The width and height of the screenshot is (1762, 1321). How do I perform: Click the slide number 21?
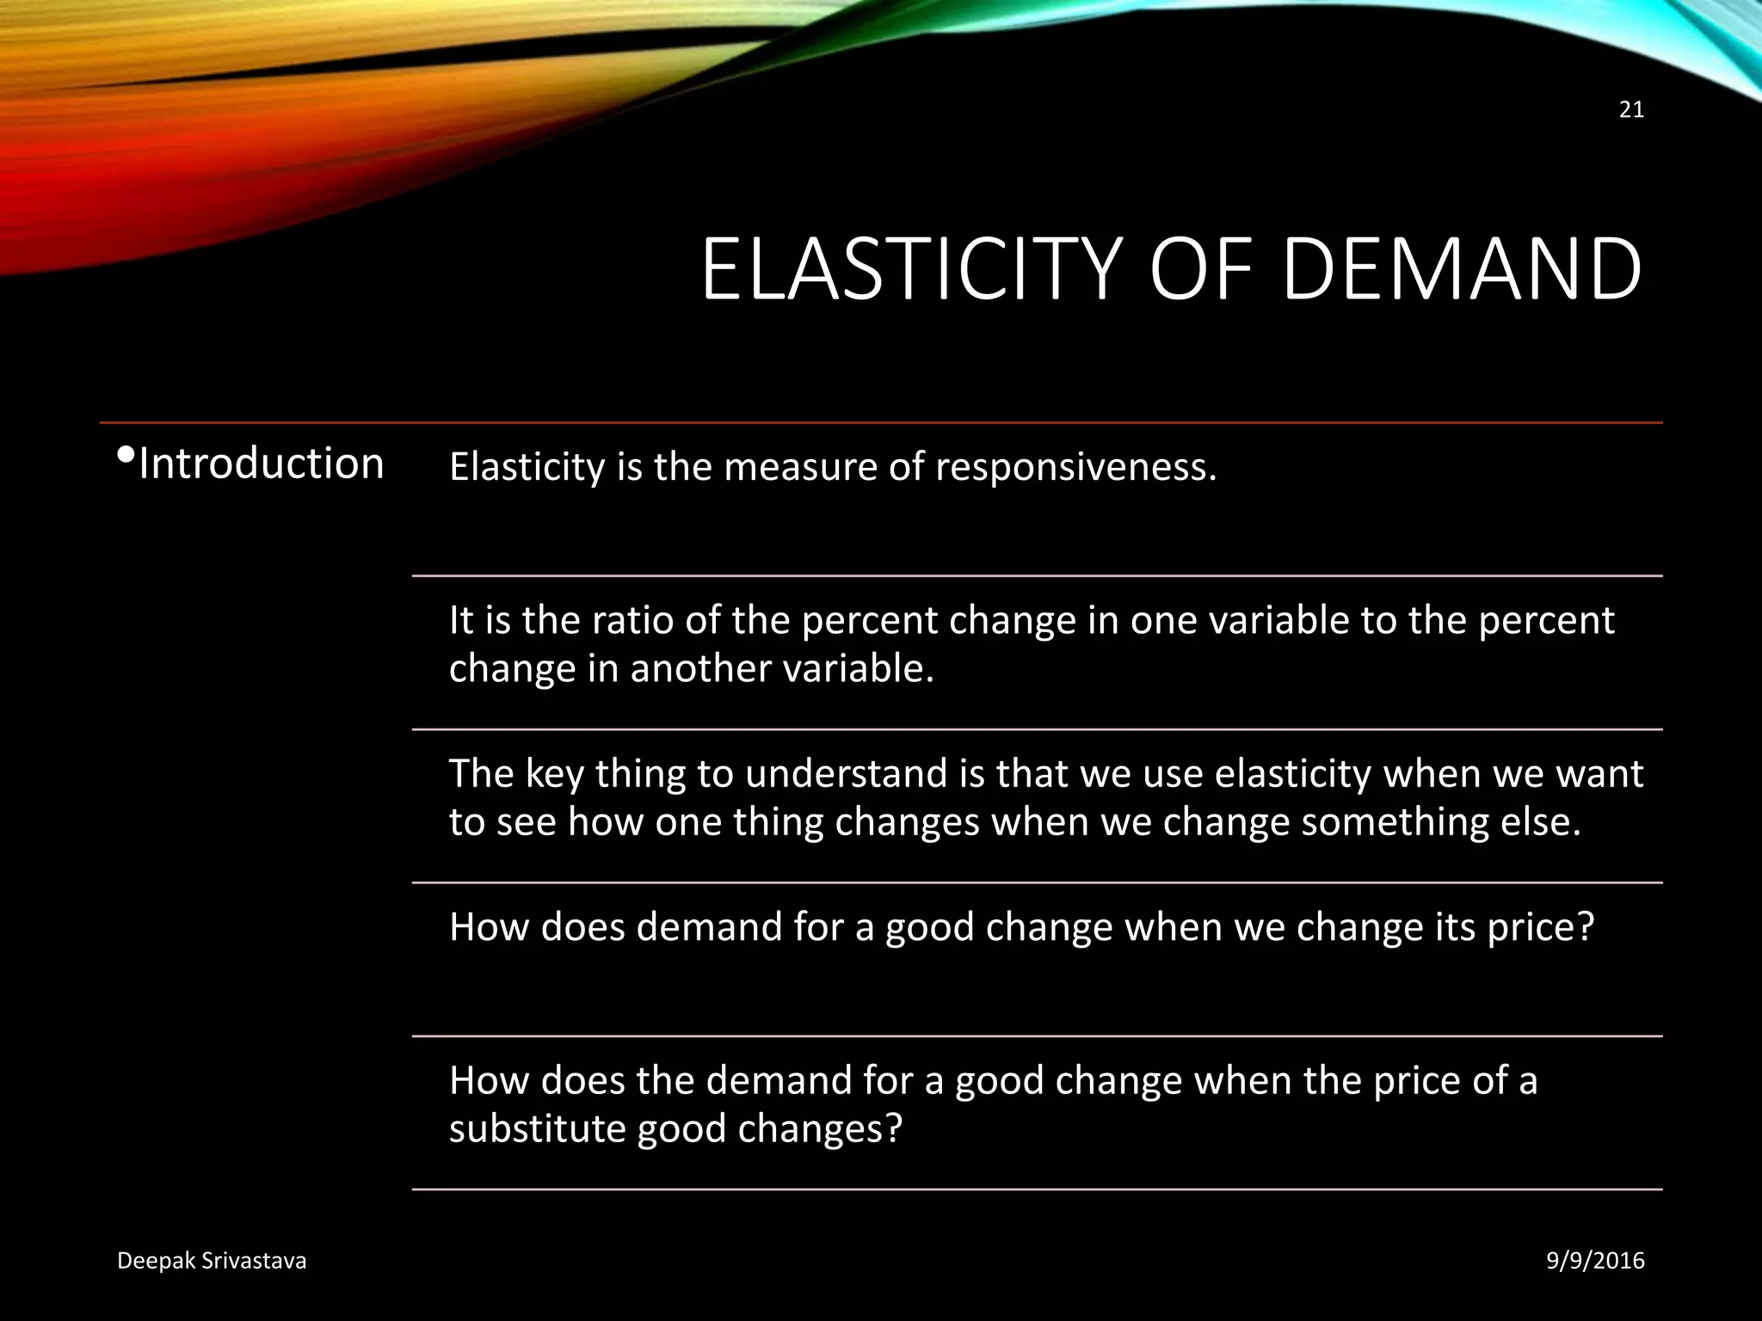click(x=1631, y=110)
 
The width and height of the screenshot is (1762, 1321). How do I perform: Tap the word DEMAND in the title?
click(x=1462, y=270)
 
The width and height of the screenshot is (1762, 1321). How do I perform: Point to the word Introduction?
click(x=261, y=464)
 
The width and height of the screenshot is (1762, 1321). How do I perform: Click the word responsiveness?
click(x=1075, y=468)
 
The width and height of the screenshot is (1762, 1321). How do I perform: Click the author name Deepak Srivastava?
click(x=212, y=1261)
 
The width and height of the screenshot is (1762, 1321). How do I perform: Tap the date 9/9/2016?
click(x=1595, y=1261)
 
